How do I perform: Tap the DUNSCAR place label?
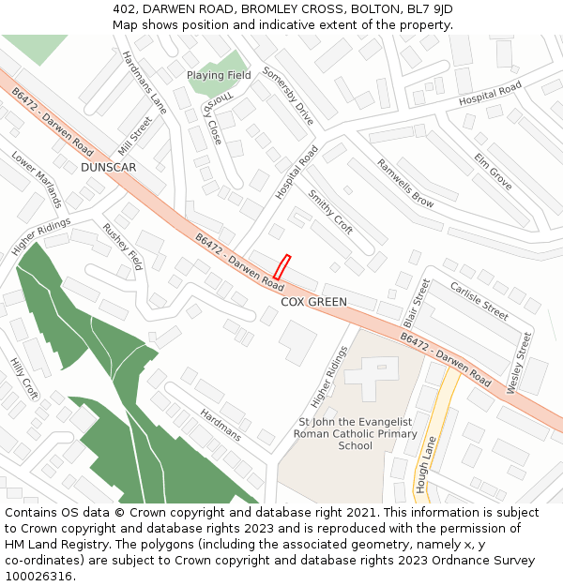pos(109,167)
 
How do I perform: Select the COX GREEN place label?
pos(314,302)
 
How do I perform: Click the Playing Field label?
pos(219,75)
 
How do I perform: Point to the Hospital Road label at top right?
pos(490,94)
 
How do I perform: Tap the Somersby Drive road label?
pos(288,96)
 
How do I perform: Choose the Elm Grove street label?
pos(493,171)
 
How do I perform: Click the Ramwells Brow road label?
pos(405,183)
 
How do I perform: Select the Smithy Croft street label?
pos(330,212)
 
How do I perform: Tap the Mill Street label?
pos(135,136)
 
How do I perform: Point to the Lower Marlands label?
pos(37,179)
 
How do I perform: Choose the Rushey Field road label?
pos(122,246)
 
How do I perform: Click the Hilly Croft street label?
pos(23,378)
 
